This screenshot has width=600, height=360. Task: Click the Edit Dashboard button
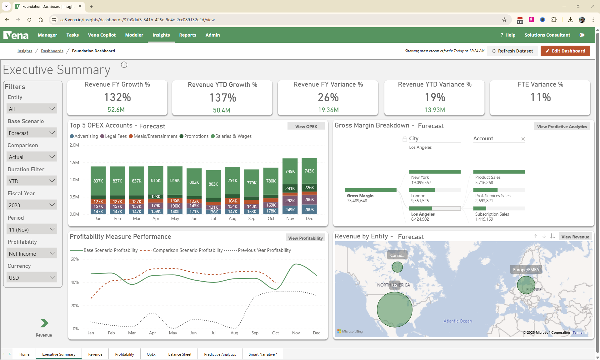pos(565,51)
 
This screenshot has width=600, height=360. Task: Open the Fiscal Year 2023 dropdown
pos(32,205)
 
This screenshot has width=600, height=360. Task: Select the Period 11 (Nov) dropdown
pos(32,230)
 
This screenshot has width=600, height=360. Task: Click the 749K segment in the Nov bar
pos(290,171)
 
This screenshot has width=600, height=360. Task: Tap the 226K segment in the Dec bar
pos(309,187)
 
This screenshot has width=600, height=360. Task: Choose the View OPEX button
pos(306,127)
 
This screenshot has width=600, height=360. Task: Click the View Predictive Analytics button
pos(562,127)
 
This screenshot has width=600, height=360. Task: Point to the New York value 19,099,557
pos(421,182)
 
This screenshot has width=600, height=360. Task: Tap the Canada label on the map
pos(397,255)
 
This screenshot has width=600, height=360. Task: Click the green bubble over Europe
pos(526,285)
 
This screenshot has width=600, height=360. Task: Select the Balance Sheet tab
pos(180,354)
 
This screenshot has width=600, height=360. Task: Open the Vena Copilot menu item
pos(102,35)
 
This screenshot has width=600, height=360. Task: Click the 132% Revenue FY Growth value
pos(117,97)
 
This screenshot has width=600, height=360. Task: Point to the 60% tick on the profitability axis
pos(75,259)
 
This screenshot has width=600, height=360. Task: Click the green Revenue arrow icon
pos(44,323)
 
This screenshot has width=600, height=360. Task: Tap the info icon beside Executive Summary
pos(124,65)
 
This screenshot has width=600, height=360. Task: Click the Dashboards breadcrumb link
pos(52,51)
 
